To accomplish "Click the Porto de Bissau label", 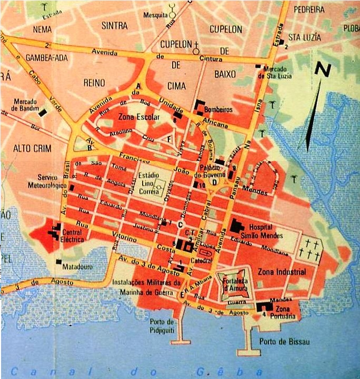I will pos(284,342).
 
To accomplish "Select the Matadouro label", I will pos(77,267).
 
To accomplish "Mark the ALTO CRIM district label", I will pos(32,148).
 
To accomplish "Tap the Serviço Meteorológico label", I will pos(47,181).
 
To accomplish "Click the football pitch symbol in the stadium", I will pos(158,186).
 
